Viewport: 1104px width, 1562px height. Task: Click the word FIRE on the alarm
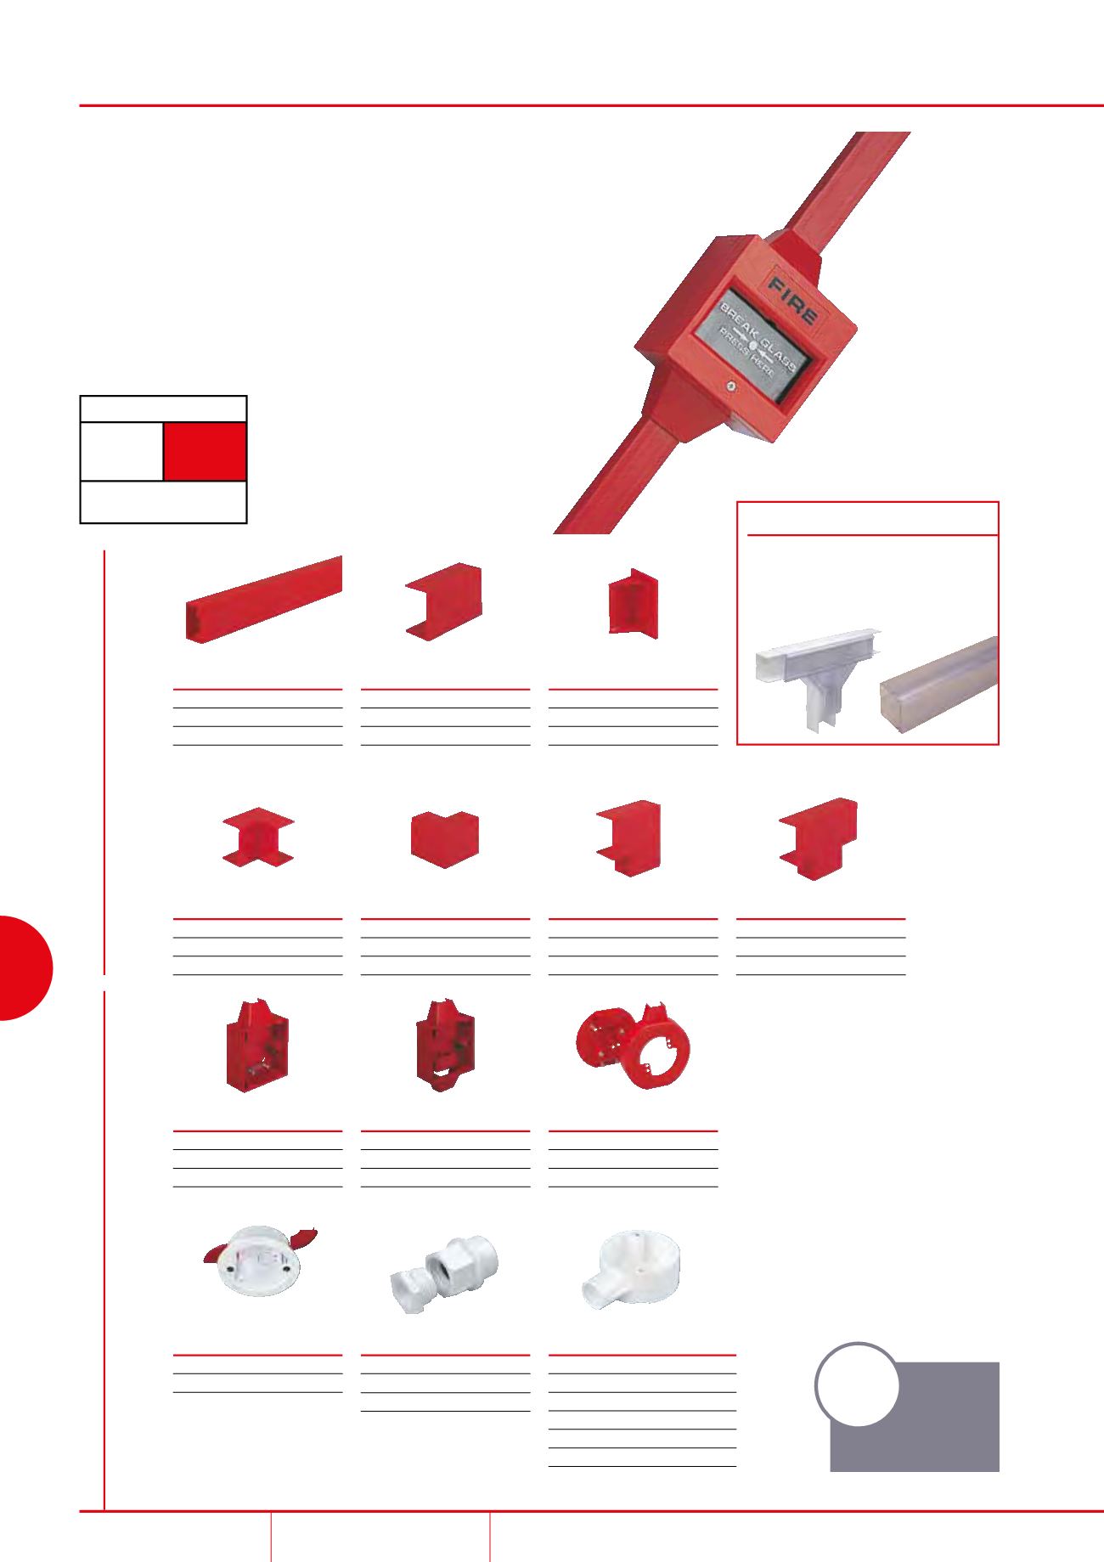[x=792, y=298]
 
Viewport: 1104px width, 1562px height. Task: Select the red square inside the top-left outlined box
[x=205, y=452]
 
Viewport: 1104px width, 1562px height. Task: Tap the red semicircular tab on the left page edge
[x=26, y=967]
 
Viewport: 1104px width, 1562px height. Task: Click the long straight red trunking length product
[x=264, y=598]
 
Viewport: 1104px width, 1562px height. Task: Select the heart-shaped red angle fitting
[x=444, y=838]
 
